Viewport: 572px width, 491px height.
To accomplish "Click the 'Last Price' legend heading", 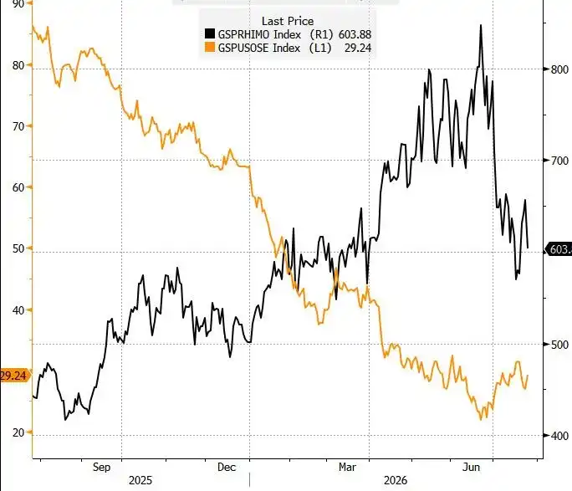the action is click(288, 21).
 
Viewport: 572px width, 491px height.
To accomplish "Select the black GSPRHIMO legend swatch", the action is click(210, 34).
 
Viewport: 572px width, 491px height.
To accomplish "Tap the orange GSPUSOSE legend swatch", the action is click(210, 47).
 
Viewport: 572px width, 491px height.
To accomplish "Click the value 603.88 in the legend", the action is click(355, 34).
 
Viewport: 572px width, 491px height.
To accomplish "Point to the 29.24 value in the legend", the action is click(358, 48).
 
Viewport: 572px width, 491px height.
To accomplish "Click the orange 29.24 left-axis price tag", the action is click(14, 376).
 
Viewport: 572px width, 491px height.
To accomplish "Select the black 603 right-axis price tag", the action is click(559, 249).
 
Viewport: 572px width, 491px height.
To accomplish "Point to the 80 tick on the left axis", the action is click(18, 65).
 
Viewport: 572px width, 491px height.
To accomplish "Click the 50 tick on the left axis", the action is click(18, 248).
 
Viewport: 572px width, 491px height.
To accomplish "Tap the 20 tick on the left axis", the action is click(18, 432).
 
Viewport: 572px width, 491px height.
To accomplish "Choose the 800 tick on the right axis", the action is click(559, 69).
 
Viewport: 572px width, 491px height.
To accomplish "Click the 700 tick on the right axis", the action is click(559, 161).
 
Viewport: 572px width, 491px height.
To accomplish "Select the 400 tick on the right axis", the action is click(559, 436).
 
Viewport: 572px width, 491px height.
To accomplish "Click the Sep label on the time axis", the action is click(101, 468).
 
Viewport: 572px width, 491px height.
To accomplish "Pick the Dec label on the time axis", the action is click(227, 468).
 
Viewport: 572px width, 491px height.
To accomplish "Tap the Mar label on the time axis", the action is click(347, 468).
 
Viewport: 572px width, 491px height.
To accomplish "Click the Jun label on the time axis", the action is click(471, 468).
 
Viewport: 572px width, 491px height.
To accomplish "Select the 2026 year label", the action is click(396, 481).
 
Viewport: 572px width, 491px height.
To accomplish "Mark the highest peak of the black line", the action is click(481, 25).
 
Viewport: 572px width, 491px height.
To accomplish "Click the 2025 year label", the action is click(140, 481).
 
